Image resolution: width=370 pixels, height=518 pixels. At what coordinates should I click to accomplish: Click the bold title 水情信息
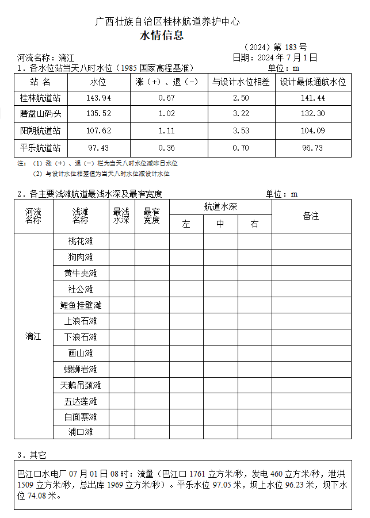[x=162, y=36]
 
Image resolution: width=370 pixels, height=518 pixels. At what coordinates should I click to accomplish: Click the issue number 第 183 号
[x=290, y=47]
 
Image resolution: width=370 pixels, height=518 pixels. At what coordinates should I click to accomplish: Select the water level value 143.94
[x=98, y=98]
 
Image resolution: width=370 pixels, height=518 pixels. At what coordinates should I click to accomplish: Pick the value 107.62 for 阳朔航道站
[x=98, y=131]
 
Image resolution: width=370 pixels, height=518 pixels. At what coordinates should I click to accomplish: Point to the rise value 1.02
[x=166, y=114]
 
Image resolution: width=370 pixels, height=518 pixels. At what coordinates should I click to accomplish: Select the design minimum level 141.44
[x=313, y=98]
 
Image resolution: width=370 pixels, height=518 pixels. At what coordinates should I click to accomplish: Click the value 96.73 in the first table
[x=313, y=148]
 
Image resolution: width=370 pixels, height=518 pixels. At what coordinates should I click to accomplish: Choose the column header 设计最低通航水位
[x=313, y=82]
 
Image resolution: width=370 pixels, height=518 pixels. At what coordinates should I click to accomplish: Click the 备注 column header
[x=311, y=216]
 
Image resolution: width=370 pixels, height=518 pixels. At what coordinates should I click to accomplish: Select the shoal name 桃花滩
[x=80, y=241]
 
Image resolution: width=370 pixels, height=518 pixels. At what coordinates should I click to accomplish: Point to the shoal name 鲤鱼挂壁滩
[x=80, y=305]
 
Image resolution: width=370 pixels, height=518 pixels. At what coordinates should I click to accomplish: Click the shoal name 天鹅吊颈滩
[x=80, y=385]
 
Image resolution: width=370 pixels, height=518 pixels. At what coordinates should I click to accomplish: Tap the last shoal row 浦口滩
[x=80, y=432]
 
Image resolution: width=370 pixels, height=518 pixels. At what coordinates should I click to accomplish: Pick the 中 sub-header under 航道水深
[x=220, y=224]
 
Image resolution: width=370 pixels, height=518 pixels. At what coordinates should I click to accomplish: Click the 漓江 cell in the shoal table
[x=33, y=336]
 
